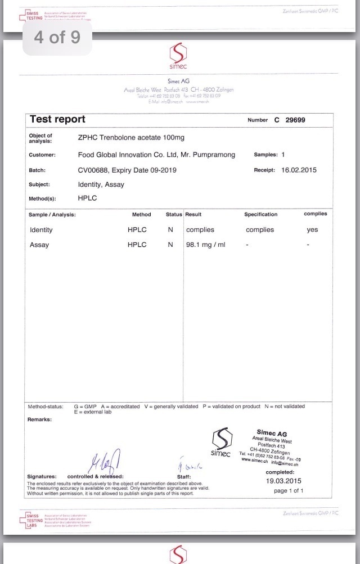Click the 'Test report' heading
(57, 119)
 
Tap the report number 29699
(295, 120)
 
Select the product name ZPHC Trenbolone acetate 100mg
(131, 138)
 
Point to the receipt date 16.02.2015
(299, 170)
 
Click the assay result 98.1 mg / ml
(205, 245)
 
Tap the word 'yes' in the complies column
(312, 229)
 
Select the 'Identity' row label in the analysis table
(41, 229)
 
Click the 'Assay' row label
(39, 245)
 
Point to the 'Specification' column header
(260, 214)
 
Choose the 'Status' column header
(174, 214)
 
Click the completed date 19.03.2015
(283, 481)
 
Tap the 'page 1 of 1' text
(289, 490)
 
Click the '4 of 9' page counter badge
(57, 38)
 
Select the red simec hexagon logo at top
(178, 54)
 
